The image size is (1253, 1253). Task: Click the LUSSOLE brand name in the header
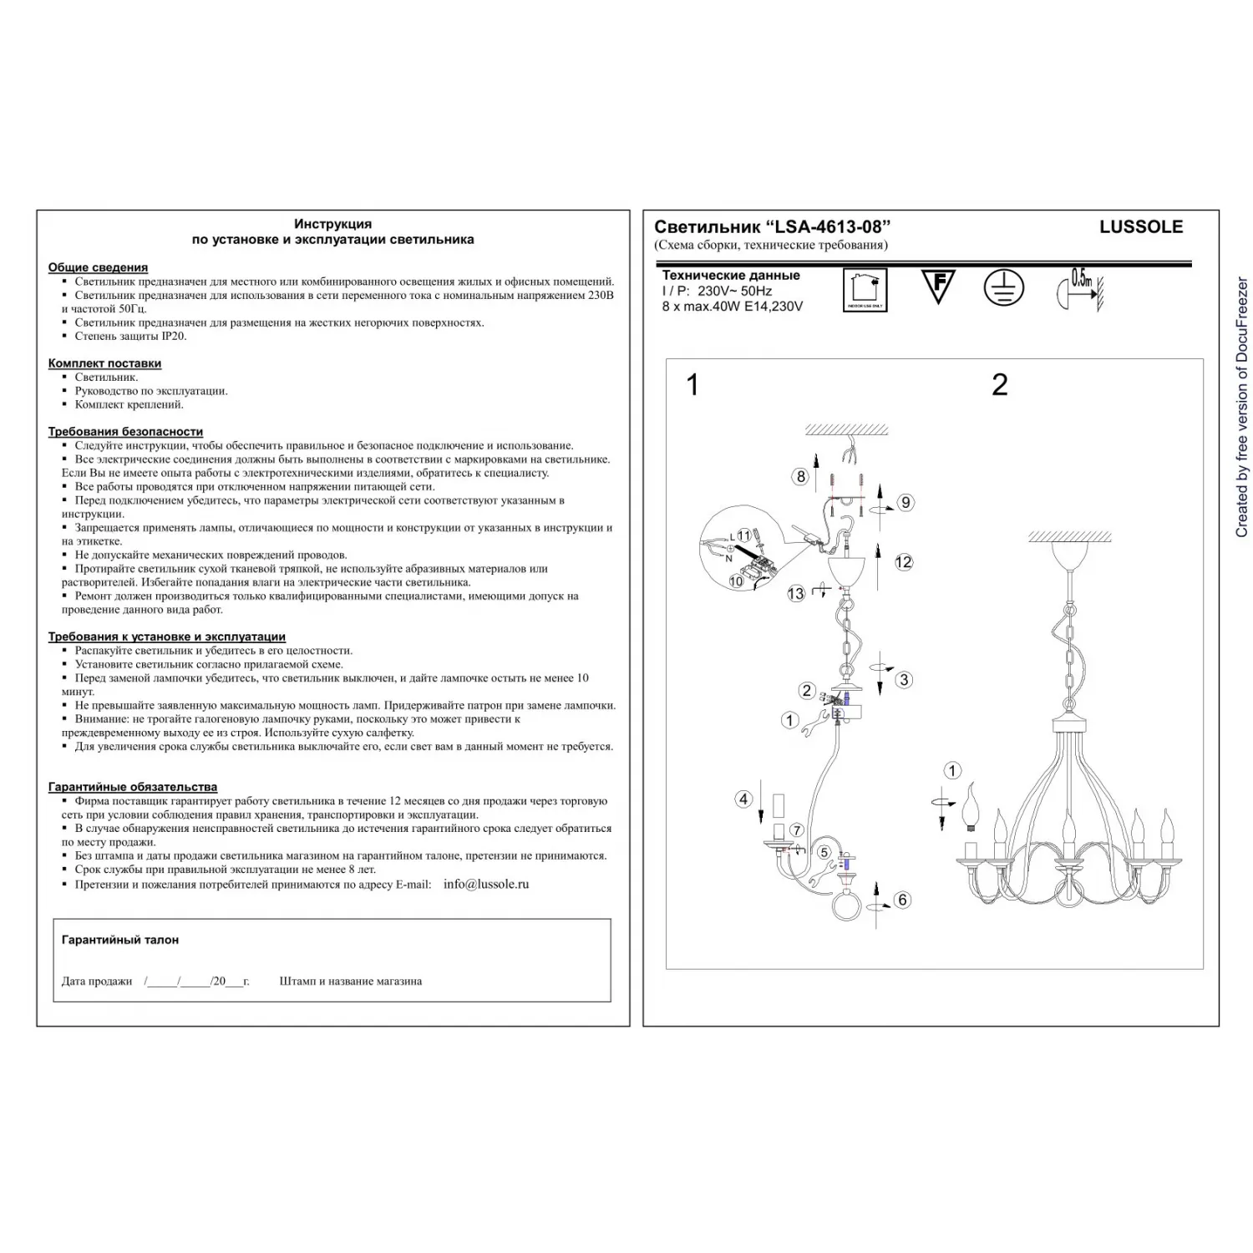point(1140,227)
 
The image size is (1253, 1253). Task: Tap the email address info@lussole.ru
point(485,884)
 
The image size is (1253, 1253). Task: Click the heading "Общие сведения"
point(98,267)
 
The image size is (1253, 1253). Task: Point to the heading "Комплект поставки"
point(104,363)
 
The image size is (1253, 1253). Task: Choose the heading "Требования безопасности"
point(125,432)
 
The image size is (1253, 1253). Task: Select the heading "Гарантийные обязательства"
point(132,787)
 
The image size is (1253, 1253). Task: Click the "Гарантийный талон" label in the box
point(119,940)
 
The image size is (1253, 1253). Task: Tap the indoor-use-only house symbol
point(865,289)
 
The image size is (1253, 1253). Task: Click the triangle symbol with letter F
point(938,285)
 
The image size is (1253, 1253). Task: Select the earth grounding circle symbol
point(1003,287)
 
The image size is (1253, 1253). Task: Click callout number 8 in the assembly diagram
point(800,477)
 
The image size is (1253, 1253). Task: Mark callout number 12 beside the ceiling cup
point(903,562)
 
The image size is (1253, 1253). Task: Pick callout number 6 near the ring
point(901,900)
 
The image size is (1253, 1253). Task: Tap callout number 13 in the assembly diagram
point(795,593)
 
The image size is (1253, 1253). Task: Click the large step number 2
point(999,385)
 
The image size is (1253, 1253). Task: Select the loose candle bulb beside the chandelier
point(971,807)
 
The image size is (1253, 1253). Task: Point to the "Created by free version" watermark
point(1241,407)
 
